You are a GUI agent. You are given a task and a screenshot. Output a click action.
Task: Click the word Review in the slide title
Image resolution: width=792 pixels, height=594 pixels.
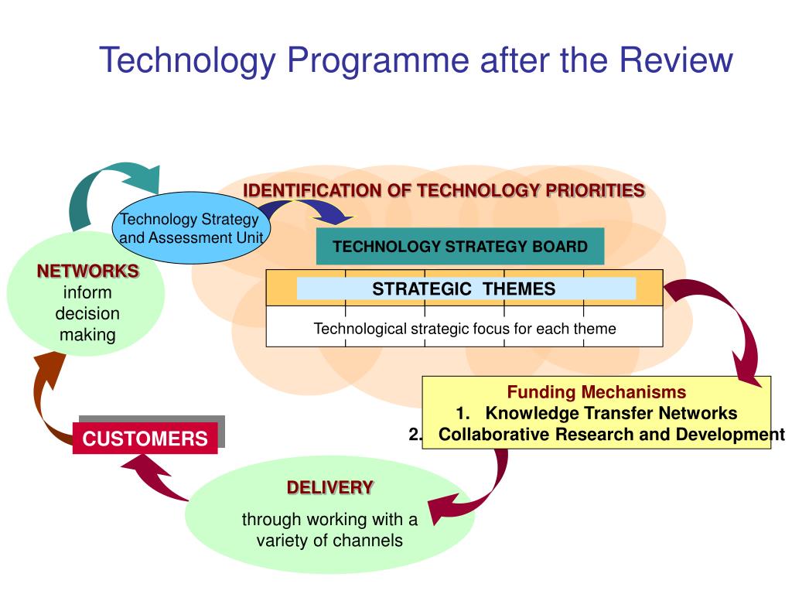(679, 60)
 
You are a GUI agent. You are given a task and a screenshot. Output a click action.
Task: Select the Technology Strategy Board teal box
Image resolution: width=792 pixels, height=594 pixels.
(459, 247)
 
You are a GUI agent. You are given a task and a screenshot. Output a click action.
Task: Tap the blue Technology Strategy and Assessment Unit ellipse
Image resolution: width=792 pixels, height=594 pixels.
(191, 229)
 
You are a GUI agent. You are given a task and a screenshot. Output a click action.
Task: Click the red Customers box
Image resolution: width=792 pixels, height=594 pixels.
(145, 439)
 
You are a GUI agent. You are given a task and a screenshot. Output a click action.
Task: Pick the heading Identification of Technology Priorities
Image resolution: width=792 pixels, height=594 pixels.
(444, 190)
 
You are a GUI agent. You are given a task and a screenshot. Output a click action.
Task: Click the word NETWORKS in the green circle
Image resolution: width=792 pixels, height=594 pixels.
(88, 271)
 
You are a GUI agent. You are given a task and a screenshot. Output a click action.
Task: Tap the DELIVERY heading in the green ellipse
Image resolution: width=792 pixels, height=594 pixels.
(330, 487)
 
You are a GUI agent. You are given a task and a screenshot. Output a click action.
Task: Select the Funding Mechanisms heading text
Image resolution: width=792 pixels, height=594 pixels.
(596, 392)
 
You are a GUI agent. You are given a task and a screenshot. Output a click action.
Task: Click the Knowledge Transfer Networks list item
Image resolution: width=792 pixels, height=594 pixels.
(611, 413)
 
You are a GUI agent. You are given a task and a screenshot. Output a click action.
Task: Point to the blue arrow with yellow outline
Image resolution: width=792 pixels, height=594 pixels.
(309, 210)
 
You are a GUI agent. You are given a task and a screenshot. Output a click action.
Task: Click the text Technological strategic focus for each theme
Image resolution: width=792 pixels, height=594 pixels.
(465, 329)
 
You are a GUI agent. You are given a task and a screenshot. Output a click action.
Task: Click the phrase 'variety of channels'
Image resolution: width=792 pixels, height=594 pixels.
(329, 540)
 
